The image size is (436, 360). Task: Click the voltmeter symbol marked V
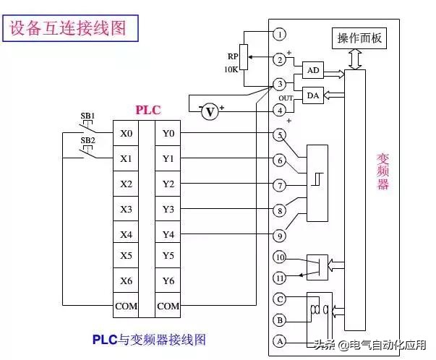[210, 111]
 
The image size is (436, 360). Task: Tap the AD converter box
[312, 71]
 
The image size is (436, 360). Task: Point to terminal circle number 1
[280, 34]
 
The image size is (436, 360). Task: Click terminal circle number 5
[280, 135]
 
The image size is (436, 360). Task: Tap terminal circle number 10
[280, 257]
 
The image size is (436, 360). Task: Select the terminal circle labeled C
[280, 299]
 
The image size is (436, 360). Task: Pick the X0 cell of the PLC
[126, 134]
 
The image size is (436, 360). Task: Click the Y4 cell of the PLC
[168, 234]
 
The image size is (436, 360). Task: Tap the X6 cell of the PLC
[126, 280]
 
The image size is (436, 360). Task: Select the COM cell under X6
[126, 306]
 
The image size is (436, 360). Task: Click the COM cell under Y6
[168, 306]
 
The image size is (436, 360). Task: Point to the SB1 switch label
[87, 116]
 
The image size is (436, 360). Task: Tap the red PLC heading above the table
[148, 110]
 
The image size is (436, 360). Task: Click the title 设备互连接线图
[67, 28]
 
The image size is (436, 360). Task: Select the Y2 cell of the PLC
[168, 184]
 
